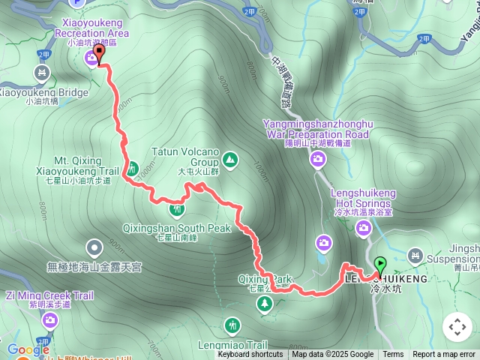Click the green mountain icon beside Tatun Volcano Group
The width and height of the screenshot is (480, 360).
click(x=229, y=159)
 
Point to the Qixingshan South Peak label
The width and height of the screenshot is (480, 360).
click(x=177, y=228)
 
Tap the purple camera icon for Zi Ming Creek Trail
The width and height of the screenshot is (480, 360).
click(x=50, y=322)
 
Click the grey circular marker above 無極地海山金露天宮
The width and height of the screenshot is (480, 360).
click(x=94, y=246)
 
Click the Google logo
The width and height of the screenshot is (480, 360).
click(x=28, y=350)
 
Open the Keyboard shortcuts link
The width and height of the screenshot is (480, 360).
click(x=250, y=355)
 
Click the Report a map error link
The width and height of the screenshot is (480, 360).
click(x=445, y=355)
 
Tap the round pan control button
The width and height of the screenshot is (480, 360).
click(x=457, y=327)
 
